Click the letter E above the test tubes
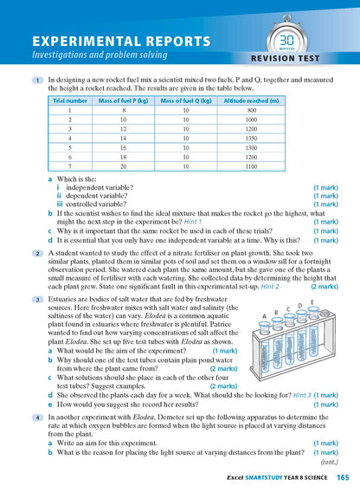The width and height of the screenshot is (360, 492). coord(312,302)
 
